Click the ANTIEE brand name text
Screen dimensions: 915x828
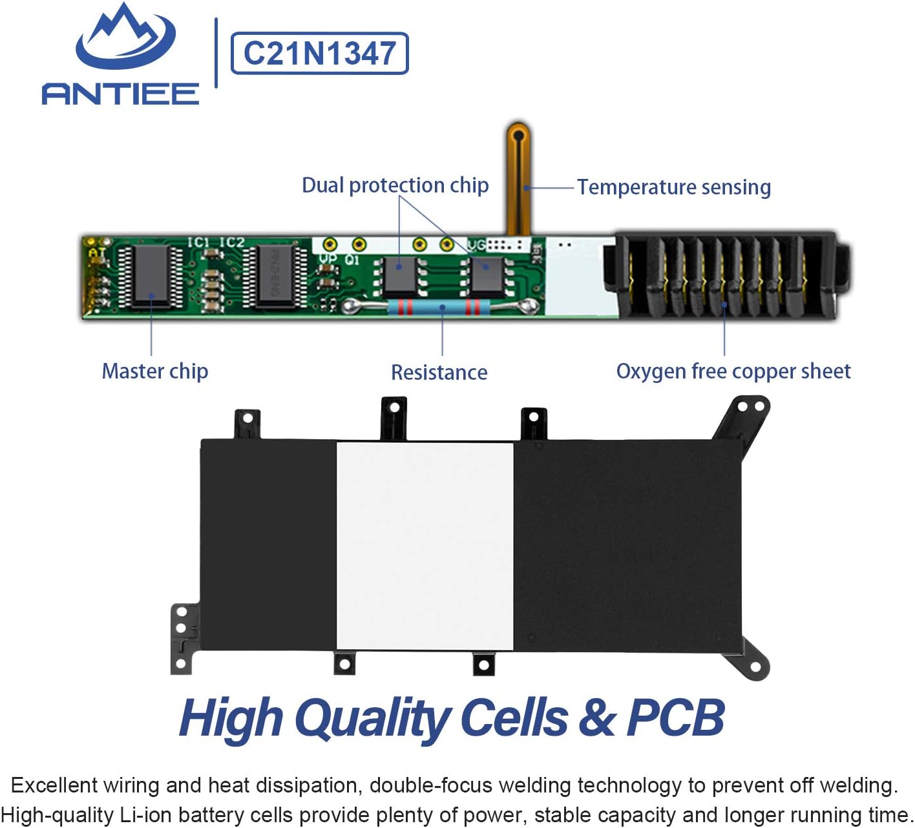point(120,94)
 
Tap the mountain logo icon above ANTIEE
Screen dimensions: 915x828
point(125,36)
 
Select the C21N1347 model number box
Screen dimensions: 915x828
point(320,54)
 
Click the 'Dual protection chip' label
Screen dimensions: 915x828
point(395,185)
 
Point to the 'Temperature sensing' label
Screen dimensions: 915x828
point(674,187)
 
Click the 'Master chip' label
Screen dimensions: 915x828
point(154,371)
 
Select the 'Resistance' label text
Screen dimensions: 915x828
point(439,373)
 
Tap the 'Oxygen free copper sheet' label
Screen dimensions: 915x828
point(733,371)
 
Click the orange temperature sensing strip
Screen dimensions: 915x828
point(519,178)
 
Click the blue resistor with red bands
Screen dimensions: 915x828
point(439,308)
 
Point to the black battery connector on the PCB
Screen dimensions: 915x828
point(726,275)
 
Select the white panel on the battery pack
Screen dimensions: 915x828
point(425,546)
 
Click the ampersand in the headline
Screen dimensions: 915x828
point(596,718)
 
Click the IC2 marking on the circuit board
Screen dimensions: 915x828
point(232,242)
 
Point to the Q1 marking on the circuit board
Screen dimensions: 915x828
point(352,260)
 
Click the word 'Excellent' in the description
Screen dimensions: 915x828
point(54,785)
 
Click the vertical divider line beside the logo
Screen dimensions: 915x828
point(216,53)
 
